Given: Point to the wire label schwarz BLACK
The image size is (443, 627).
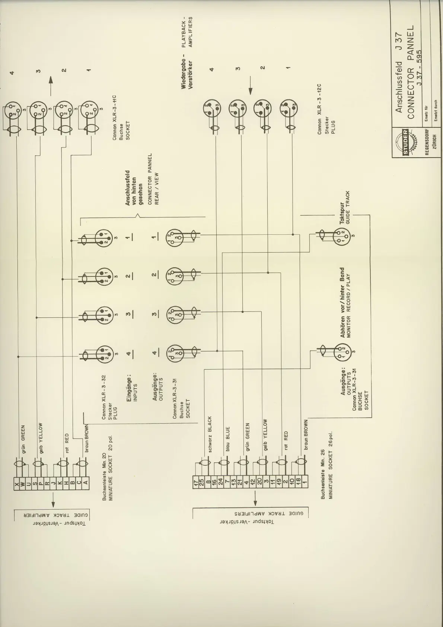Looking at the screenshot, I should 210,434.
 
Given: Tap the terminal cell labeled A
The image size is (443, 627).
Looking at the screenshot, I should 85,485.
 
